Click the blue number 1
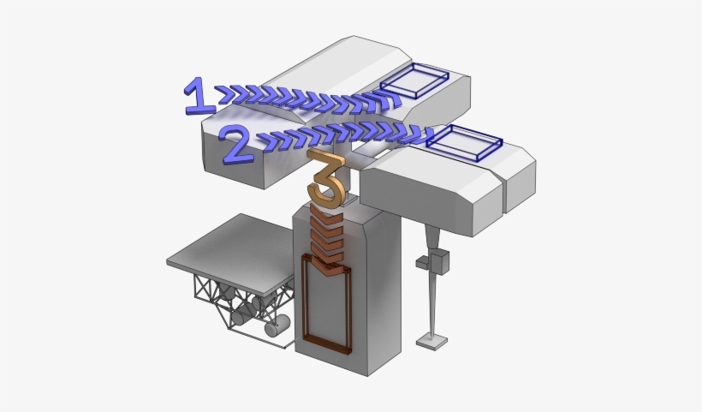(x=199, y=95)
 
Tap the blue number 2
(x=238, y=145)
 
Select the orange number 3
(x=326, y=179)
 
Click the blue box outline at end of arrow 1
(x=414, y=81)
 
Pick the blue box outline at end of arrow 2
(x=464, y=143)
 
